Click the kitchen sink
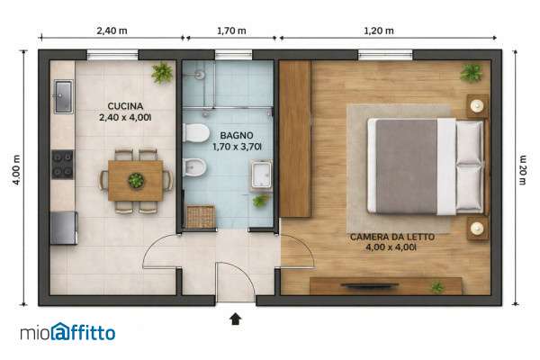pos(64,96)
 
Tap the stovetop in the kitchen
pos(63,165)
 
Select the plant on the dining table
pos(136,180)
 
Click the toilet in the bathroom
pos(196,132)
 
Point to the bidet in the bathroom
pos(194,167)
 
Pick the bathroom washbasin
pos(261,175)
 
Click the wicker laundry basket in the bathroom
pos(201,216)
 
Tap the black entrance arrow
pos(236,319)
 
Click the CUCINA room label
pos(125,106)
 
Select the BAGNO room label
pos(237,135)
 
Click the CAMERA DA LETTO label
pos(392,237)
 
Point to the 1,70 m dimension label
pos(231,31)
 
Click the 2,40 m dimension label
pos(112,31)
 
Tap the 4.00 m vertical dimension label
pos(16,170)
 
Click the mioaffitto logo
pos(67,332)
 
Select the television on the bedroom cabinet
pos(370,285)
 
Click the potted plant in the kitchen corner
pos(162,73)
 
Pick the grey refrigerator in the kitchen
pos(64,228)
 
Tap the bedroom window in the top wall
pos(385,55)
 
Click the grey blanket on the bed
pos(407,166)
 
